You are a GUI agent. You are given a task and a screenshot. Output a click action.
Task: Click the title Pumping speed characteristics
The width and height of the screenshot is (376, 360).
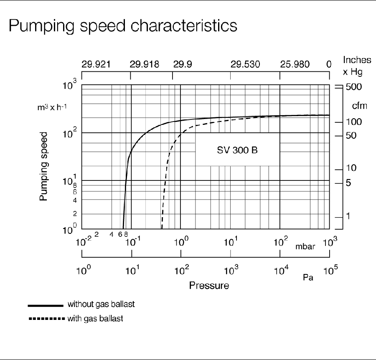pyautogui.click(x=123, y=26)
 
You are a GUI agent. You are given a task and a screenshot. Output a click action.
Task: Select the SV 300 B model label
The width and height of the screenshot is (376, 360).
pyautogui.click(x=237, y=150)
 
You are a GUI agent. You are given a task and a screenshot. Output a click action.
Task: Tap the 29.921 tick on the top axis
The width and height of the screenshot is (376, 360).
pyautogui.click(x=96, y=64)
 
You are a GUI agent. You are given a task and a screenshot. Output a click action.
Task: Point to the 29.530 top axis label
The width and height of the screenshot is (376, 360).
pyautogui.click(x=245, y=64)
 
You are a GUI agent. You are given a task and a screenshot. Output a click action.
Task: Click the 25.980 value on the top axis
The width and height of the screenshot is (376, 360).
pyautogui.click(x=295, y=64)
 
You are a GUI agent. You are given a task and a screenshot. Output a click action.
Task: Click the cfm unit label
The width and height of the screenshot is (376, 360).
pyautogui.click(x=359, y=106)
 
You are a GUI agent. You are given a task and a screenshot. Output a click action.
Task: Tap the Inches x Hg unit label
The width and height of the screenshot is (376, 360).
pyautogui.click(x=354, y=66)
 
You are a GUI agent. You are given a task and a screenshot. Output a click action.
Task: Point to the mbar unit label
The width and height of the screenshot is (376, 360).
pyautogui.click(x=305, y=246)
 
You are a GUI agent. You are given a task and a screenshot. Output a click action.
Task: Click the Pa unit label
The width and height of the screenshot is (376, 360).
pyautogui.click(x=308, y=277)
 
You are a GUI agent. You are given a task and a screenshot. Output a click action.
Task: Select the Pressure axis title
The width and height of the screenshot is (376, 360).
pyautogui.click(x=209, y=286)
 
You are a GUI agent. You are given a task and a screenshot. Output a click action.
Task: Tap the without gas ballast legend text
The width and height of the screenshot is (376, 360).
pyautogui.click(x=101, y=304)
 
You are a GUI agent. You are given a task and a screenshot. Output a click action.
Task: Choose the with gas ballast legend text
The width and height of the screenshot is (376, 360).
pyautogui.click(x=95, y=319)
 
